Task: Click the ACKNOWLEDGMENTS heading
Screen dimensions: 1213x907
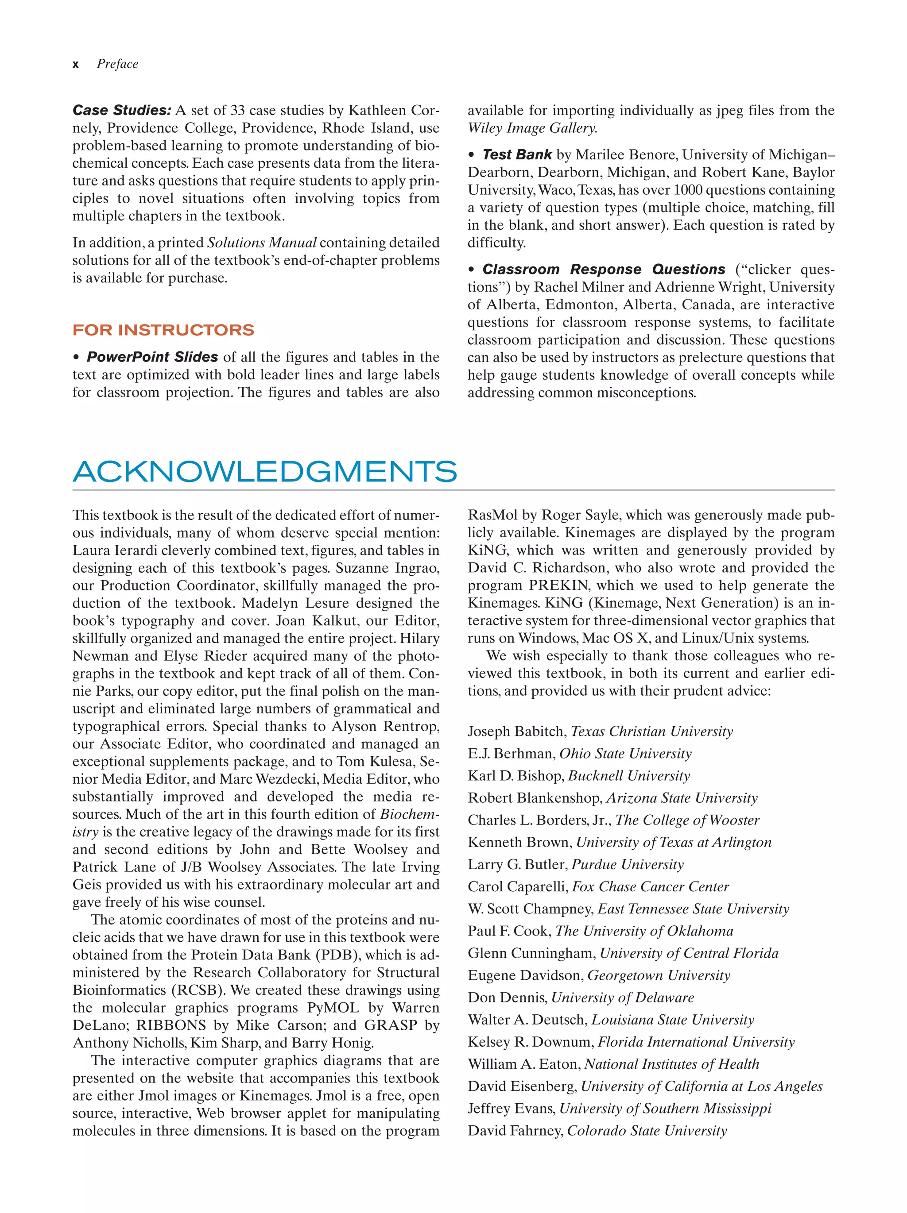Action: pos(264,472)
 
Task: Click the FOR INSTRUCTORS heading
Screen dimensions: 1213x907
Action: pos(163,330)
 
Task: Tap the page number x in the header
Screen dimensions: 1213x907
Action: pos(75,65)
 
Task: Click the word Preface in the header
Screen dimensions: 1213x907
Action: pos(117,64)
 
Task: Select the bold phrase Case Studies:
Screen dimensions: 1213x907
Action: pos(122,110)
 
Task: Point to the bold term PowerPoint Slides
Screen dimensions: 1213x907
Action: pos(152,357)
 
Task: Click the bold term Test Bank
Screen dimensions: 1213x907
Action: pos(516,154)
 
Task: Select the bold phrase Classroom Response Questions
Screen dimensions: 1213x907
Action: pos(603,269)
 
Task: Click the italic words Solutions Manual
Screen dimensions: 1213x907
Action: pos(261,243)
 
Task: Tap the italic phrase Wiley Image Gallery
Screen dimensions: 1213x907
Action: pos(532,128)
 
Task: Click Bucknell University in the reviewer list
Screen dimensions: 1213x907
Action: pos(629,776)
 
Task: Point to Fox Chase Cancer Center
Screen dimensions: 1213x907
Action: pos(650,887)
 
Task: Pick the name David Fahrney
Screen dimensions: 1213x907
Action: pos(515,1131)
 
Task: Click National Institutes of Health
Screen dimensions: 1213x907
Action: pos(671,1064)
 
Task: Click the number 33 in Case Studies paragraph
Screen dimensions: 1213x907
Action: pos(237,110)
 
